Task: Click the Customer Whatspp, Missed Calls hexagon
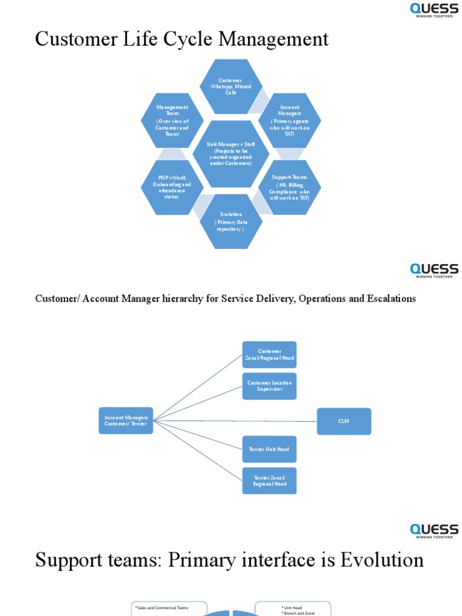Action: pyautogui.click(x=231, y=87)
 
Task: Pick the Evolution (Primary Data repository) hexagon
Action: pyautogui.click(x=231, y=221)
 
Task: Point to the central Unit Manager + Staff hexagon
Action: pyautogui.click(x=231, y=154)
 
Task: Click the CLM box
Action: pyautogui.click(x=343, y=421)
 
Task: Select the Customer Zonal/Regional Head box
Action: pyautogui.click(x=269, y=354)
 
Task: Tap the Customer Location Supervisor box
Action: pyautogui.click(x=269, y=386)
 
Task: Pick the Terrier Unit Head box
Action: pyautogui.click(x=269, y=449)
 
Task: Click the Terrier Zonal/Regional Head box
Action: pyautogui.click(x=269, y=481)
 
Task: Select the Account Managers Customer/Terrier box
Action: pyautogui.click(x=126, y=420)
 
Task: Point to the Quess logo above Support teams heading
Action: pyautogui.click(x=434, y=531)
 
